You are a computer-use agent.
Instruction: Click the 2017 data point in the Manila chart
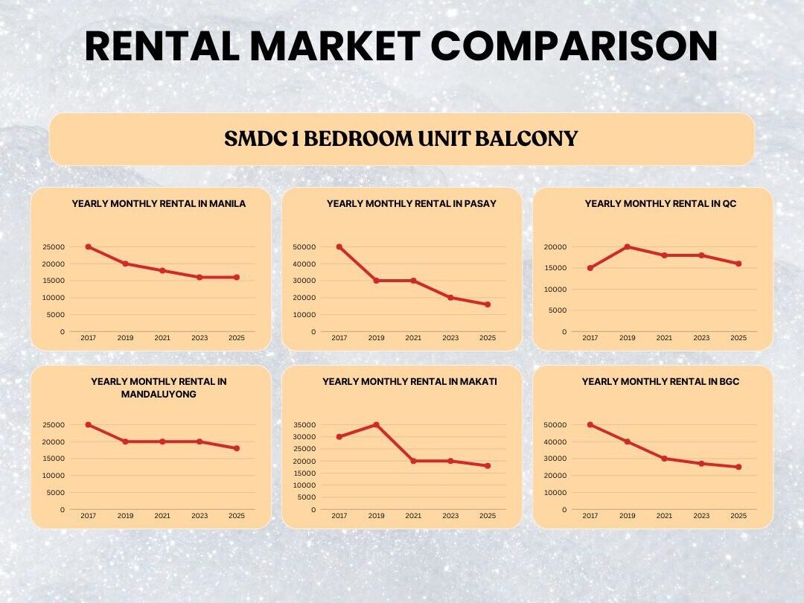click(88, 246)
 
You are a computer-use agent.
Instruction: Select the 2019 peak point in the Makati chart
click(376, 424)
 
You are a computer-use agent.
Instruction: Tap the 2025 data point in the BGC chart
click(738, 467)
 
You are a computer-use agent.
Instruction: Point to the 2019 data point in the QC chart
click(627, 246)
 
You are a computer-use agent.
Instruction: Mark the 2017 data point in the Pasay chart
click(339, 246)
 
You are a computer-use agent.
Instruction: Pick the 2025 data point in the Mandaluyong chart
click(237, 448)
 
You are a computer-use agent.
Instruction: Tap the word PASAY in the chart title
click(482, 203)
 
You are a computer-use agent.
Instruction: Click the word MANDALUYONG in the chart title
click(159, 394)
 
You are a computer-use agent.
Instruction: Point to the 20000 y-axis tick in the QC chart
click(555, 246)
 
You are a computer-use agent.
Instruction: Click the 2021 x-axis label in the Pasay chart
click(413, 338)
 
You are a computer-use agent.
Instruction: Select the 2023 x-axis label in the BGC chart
click(701, 516)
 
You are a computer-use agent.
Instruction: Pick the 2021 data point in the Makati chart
click(413, 461)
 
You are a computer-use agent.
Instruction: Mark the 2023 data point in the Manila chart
click(200, 277)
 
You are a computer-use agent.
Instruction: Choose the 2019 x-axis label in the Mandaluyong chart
click(125, 516)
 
